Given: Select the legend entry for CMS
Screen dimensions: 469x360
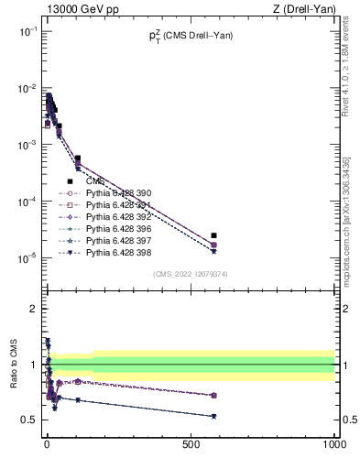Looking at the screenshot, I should point(95,181).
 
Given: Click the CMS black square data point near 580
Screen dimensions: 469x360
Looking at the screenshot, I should point(213,235).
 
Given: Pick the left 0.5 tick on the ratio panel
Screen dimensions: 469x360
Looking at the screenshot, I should point(30,420).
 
